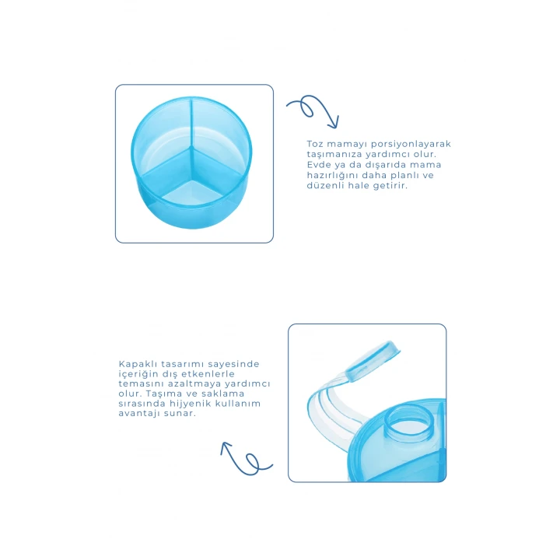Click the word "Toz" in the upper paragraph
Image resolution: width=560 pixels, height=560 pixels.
point(315,144)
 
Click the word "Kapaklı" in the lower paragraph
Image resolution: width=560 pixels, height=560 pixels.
point(138,364)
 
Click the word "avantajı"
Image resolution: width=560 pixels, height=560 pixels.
point(139,414)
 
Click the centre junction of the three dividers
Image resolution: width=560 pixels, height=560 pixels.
point(191,148)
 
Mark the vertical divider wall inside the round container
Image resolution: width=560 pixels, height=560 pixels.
point(191,123)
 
